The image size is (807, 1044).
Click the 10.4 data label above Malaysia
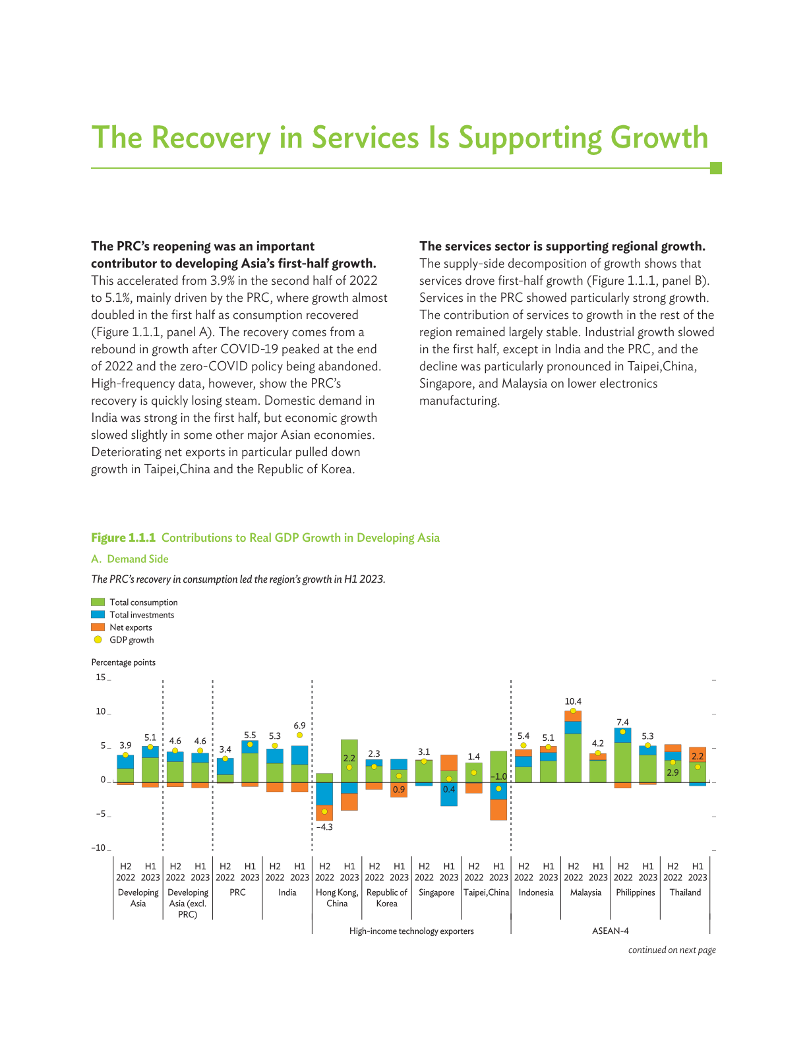573,701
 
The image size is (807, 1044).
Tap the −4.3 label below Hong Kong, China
324,826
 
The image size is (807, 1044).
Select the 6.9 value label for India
299,725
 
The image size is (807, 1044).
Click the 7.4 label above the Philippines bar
622,722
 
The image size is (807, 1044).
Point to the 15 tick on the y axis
101,677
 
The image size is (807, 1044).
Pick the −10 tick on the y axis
99,848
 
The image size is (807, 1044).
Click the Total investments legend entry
142,615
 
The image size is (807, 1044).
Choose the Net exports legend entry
131,627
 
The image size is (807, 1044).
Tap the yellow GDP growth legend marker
98,640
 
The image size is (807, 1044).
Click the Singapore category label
436,892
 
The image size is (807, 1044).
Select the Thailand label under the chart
685,892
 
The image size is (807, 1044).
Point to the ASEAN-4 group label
610,931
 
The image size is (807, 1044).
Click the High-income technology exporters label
411,931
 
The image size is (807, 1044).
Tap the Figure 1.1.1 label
123,538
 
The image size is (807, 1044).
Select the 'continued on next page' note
672,950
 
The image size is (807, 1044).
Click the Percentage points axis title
123,662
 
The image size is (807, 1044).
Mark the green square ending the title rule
715,168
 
